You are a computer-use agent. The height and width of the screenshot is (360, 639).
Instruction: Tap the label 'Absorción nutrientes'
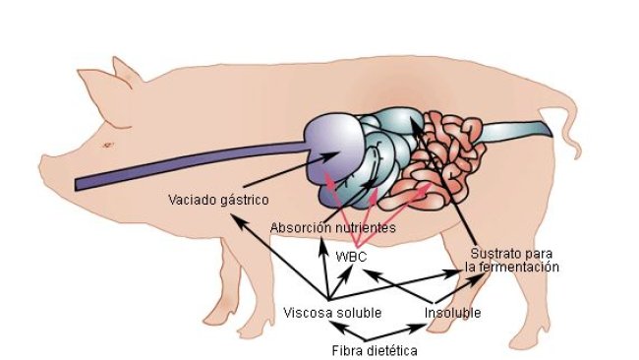pos(333,228)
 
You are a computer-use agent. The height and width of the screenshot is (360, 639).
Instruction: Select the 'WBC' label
pos(351,256)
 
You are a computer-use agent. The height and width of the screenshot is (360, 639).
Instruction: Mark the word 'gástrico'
pos(245,200)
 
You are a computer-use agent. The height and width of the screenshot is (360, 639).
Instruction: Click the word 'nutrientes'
pos(363,228)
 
